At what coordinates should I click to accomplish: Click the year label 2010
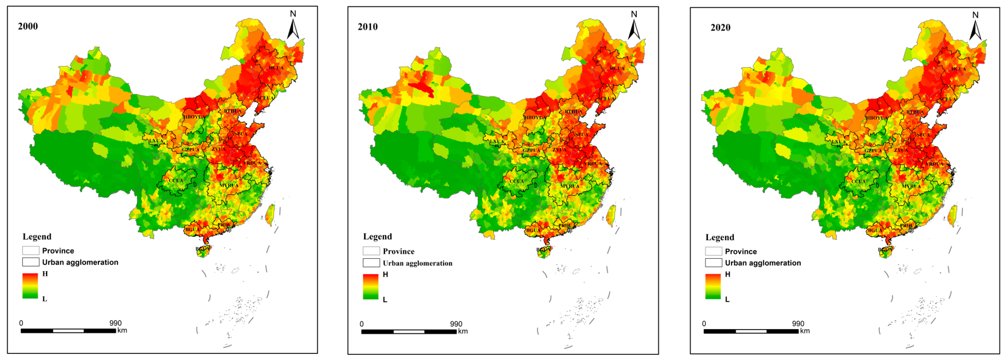point(367,27)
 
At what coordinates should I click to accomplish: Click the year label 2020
point(720,27)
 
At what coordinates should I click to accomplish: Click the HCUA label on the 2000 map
point(276,68)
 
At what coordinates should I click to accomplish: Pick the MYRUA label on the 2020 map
point(911,186)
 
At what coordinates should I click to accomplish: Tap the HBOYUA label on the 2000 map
point(194,117)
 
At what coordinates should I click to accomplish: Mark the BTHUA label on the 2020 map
point(915,112)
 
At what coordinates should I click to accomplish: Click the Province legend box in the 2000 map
point(30,250)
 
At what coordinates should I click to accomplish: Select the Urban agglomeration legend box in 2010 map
point(371,263)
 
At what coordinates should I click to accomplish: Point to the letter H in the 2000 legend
point(45,274)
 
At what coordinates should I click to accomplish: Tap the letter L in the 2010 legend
point(385,300)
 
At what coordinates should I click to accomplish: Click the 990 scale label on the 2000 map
point(115,323)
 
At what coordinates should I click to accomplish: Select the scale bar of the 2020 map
point(751,331)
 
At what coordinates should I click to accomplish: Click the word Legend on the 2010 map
point(377,236)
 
